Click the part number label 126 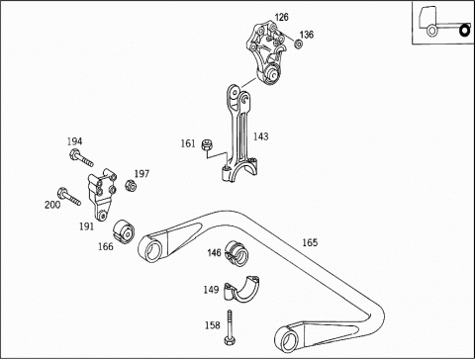(281, 17)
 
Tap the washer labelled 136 (299, 44)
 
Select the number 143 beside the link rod (260, 136)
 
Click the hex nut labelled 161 (207, 144)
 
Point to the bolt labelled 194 (81, 158)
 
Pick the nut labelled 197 (131, 186)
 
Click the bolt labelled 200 (69, 196)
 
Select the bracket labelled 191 (102, 195)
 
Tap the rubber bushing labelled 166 (124, 232)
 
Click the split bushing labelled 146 (237, 253)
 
